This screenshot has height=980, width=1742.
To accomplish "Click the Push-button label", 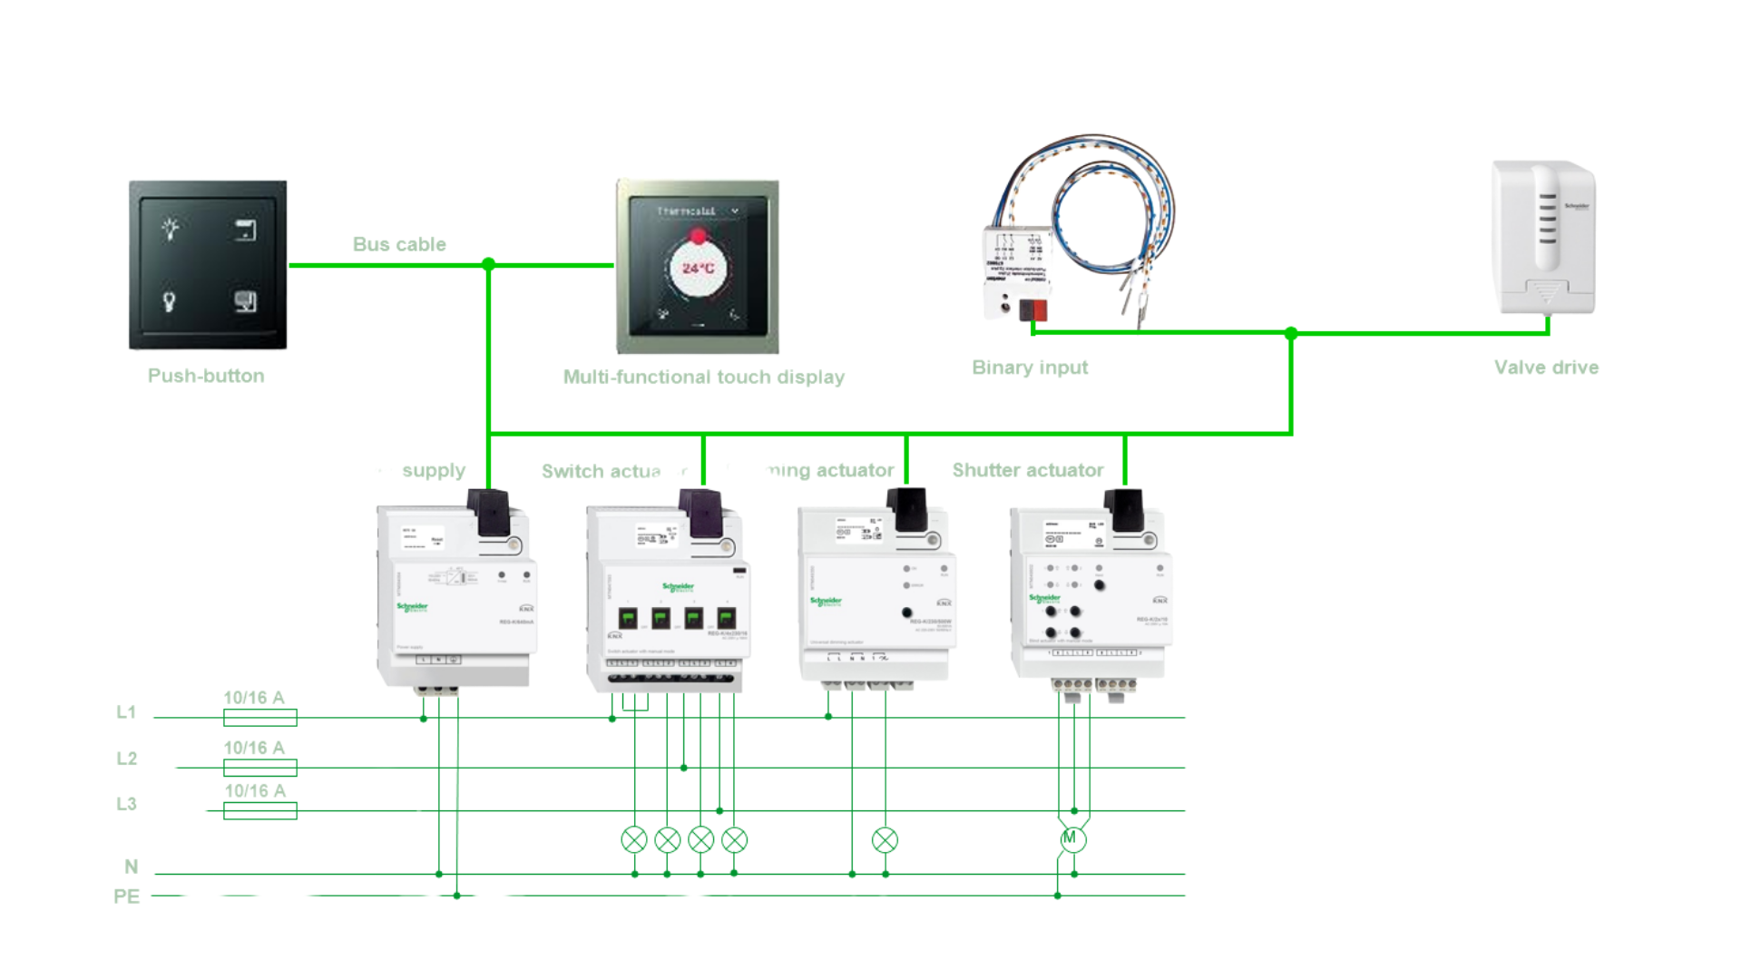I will pos(206,376).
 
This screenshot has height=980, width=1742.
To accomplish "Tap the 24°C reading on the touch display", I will pos(698,269).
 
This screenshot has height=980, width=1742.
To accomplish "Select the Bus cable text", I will pos(399,244).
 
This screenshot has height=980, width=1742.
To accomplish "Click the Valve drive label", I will pos(1546,367).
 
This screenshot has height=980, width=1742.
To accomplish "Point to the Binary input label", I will pos(1030,367).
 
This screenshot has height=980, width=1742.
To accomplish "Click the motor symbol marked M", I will pos(1071,838).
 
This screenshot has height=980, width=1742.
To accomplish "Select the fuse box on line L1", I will pos(260,718).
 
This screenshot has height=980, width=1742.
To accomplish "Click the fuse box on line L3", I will pos(260,810).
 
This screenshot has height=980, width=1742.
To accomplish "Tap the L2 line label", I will pos(126,759).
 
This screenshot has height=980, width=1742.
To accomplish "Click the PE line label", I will pos(126,897).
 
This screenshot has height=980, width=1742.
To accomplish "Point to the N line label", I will pos(131,867).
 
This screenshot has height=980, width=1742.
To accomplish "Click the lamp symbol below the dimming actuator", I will pos(885,840).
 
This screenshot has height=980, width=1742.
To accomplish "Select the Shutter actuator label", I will pos(1027,470).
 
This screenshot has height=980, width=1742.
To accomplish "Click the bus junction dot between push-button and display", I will pos(488,264).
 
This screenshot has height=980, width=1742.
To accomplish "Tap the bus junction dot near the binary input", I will pos(1291,333).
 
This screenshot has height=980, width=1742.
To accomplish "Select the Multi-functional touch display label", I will pos(703,377).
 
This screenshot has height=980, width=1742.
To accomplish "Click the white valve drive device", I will pos(1544,238).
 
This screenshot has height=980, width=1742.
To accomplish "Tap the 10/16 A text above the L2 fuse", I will pos(254,748).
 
